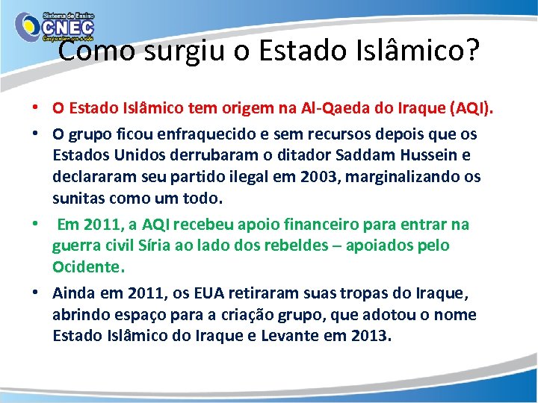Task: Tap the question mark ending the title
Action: tap(471, 51)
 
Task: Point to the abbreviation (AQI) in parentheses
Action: tap(470, 108)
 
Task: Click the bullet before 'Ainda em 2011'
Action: tap(36, 293)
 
